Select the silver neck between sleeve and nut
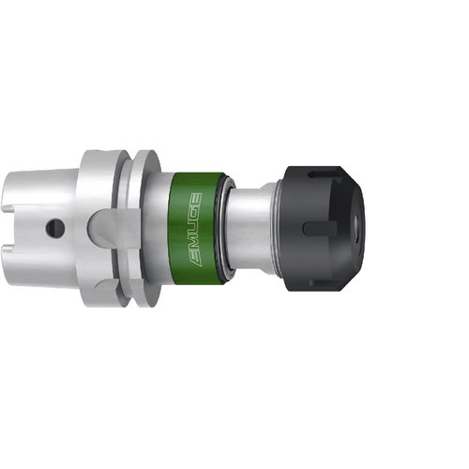(x=249, y=226)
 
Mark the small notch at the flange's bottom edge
(x=117, y=298)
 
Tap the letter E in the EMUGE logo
(x=195, y=258)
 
